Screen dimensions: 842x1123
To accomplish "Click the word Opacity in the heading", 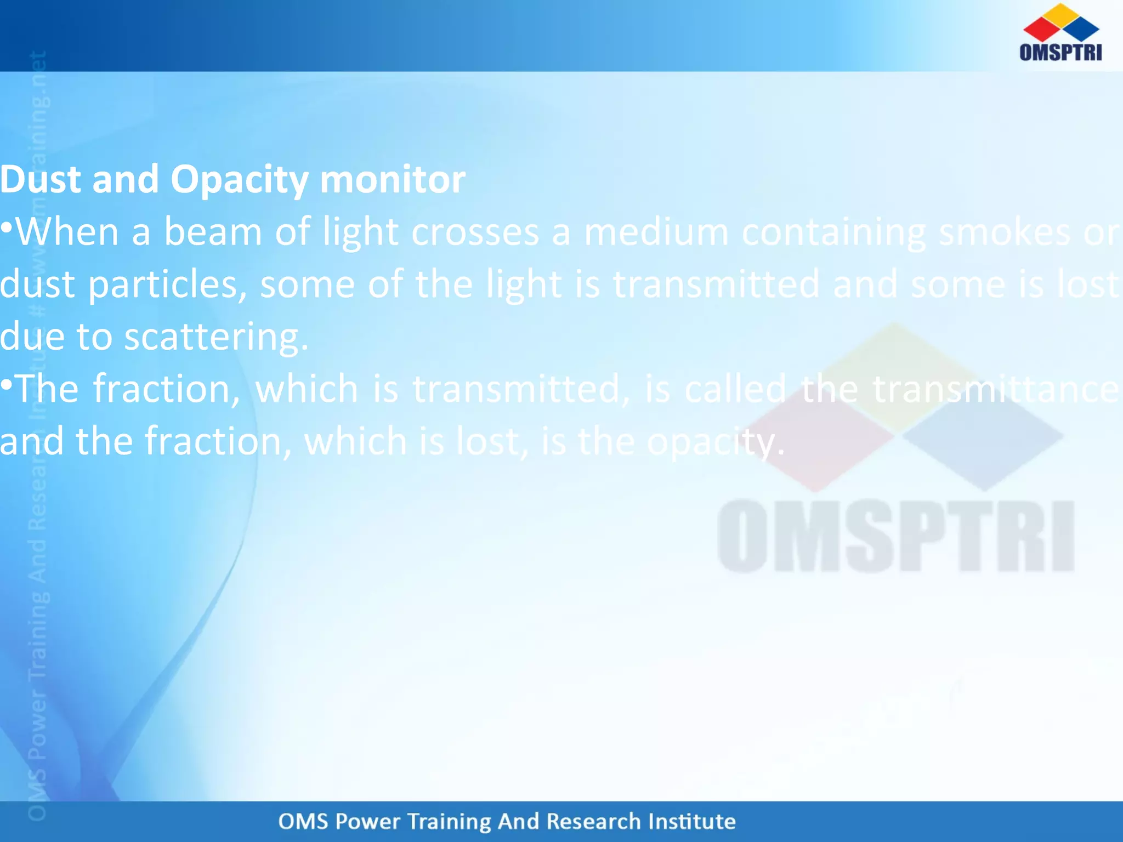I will point(239,180).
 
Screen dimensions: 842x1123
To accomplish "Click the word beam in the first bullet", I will point(213,231).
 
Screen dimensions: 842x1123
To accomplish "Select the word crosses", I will point(475,231).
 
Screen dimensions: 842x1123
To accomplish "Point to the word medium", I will point(656,231).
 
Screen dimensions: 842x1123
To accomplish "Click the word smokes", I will point(1004,231).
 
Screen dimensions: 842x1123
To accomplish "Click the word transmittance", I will point(995,389).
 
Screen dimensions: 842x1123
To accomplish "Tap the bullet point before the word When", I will point(6,226).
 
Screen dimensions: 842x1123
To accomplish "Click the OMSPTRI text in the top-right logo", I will point(1060,52).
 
